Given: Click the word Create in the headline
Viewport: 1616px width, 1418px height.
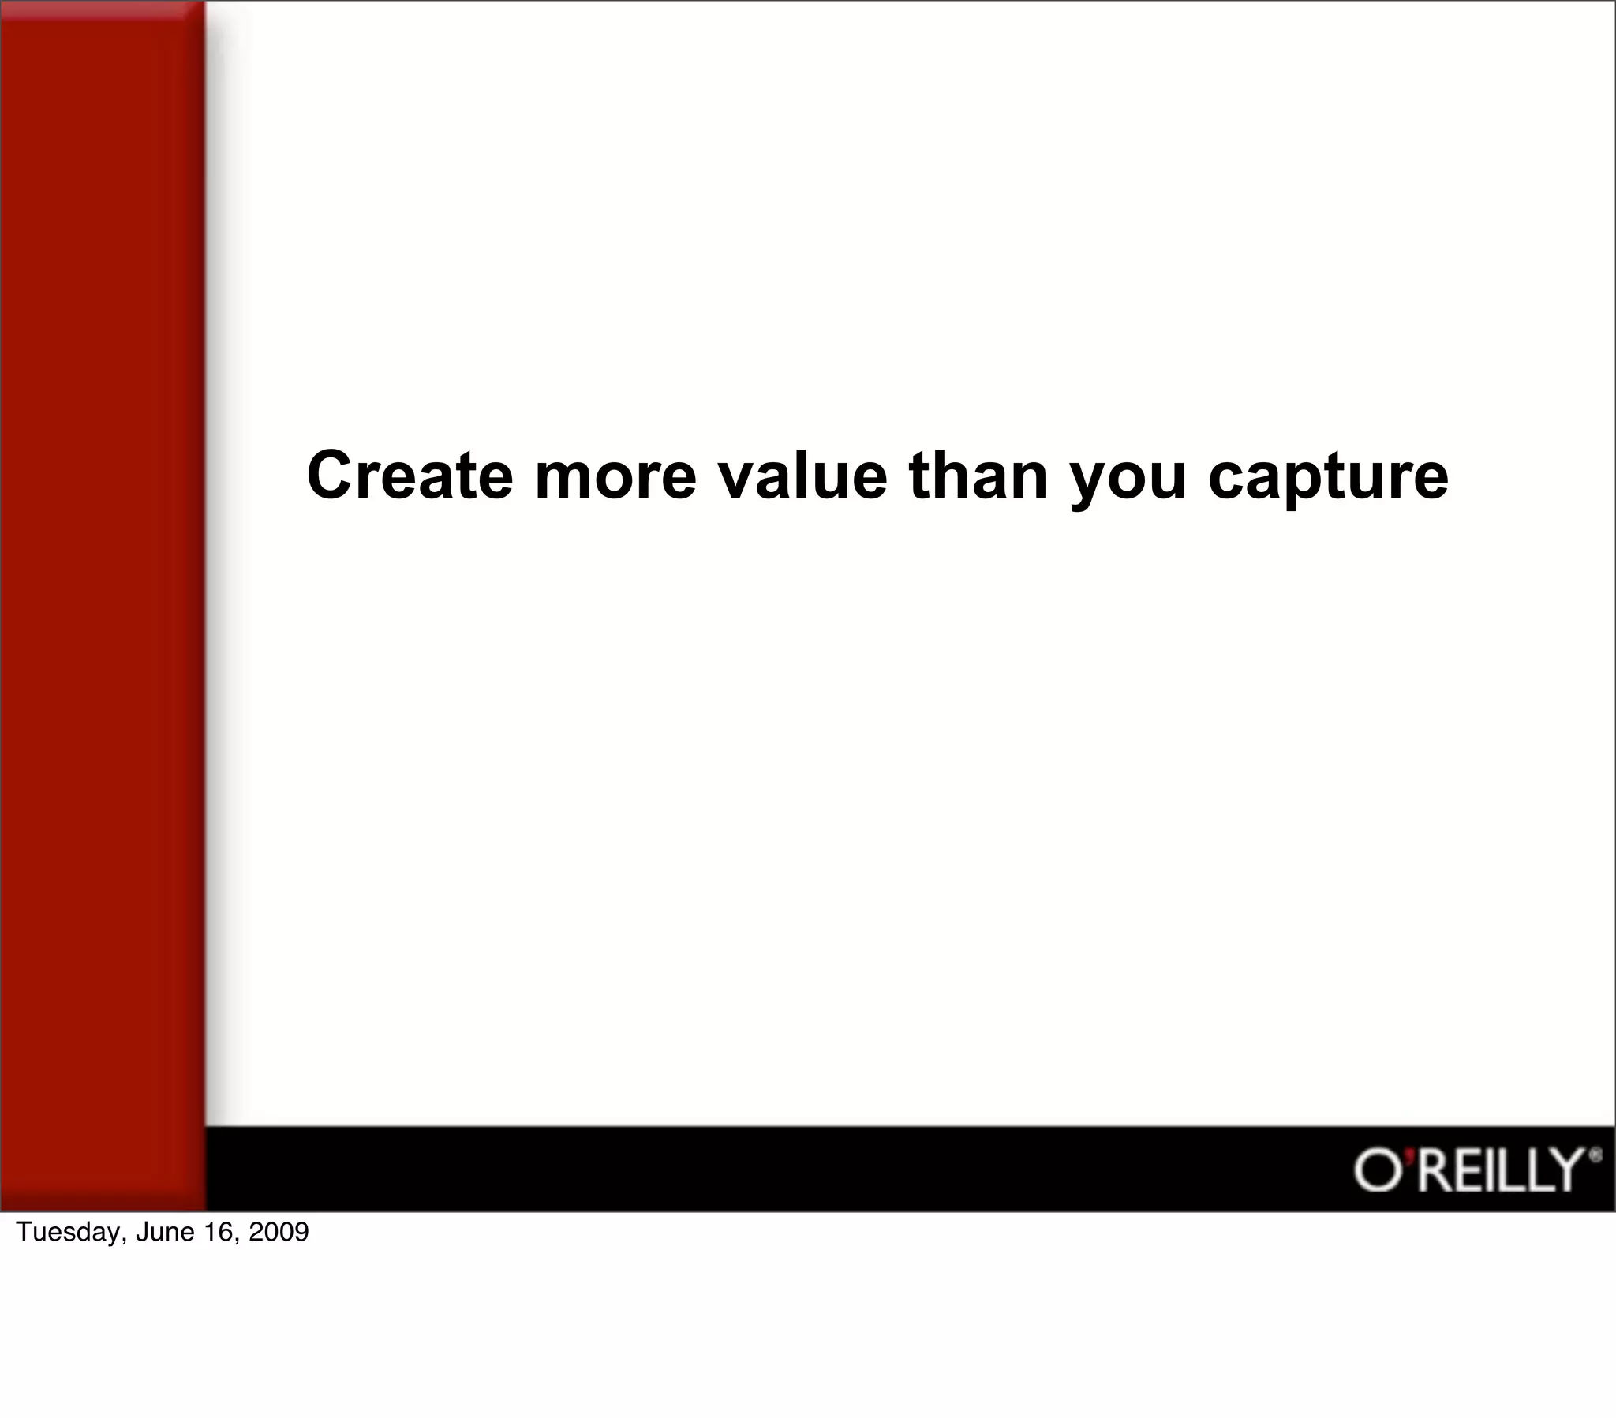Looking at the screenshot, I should (410, 476).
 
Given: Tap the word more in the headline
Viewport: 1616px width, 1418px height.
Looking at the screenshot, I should (615, 476).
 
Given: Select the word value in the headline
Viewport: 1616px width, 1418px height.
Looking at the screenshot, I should (802, 476).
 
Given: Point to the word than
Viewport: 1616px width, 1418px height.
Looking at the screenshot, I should (978, 476).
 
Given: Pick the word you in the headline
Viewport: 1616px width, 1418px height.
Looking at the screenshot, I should (1128, 479).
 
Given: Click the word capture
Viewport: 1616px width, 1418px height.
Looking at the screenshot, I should (1328, 479).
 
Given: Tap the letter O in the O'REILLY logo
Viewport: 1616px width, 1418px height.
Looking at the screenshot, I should (1377, 1171).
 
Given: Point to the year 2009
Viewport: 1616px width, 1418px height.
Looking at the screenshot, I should (279, 1231).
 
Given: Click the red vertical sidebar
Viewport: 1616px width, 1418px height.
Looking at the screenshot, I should (101, 601).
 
